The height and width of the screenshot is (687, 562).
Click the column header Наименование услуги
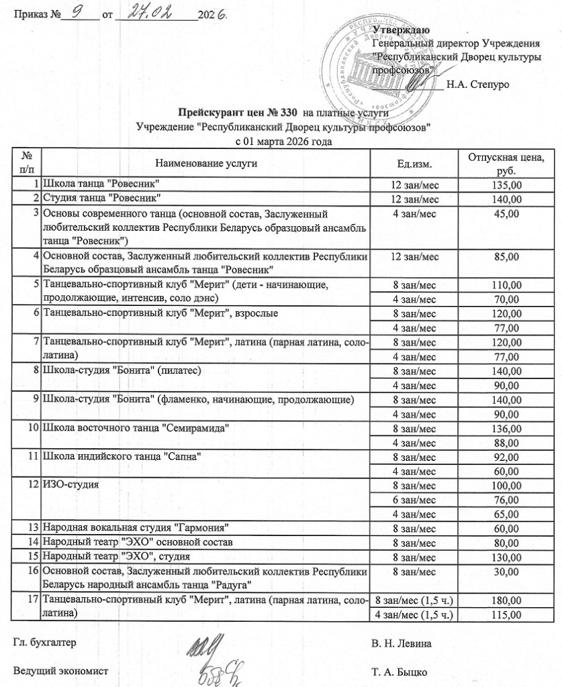(206, 163)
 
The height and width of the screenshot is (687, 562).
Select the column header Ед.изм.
(414, 163)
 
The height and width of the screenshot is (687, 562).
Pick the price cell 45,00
(506, 213)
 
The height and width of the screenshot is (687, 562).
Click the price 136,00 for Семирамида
(506, 428)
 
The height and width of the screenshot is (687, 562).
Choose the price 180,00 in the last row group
(506, 599)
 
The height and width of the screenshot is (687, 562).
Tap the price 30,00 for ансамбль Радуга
(506, 571)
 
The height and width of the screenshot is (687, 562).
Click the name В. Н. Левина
(402, 643)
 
